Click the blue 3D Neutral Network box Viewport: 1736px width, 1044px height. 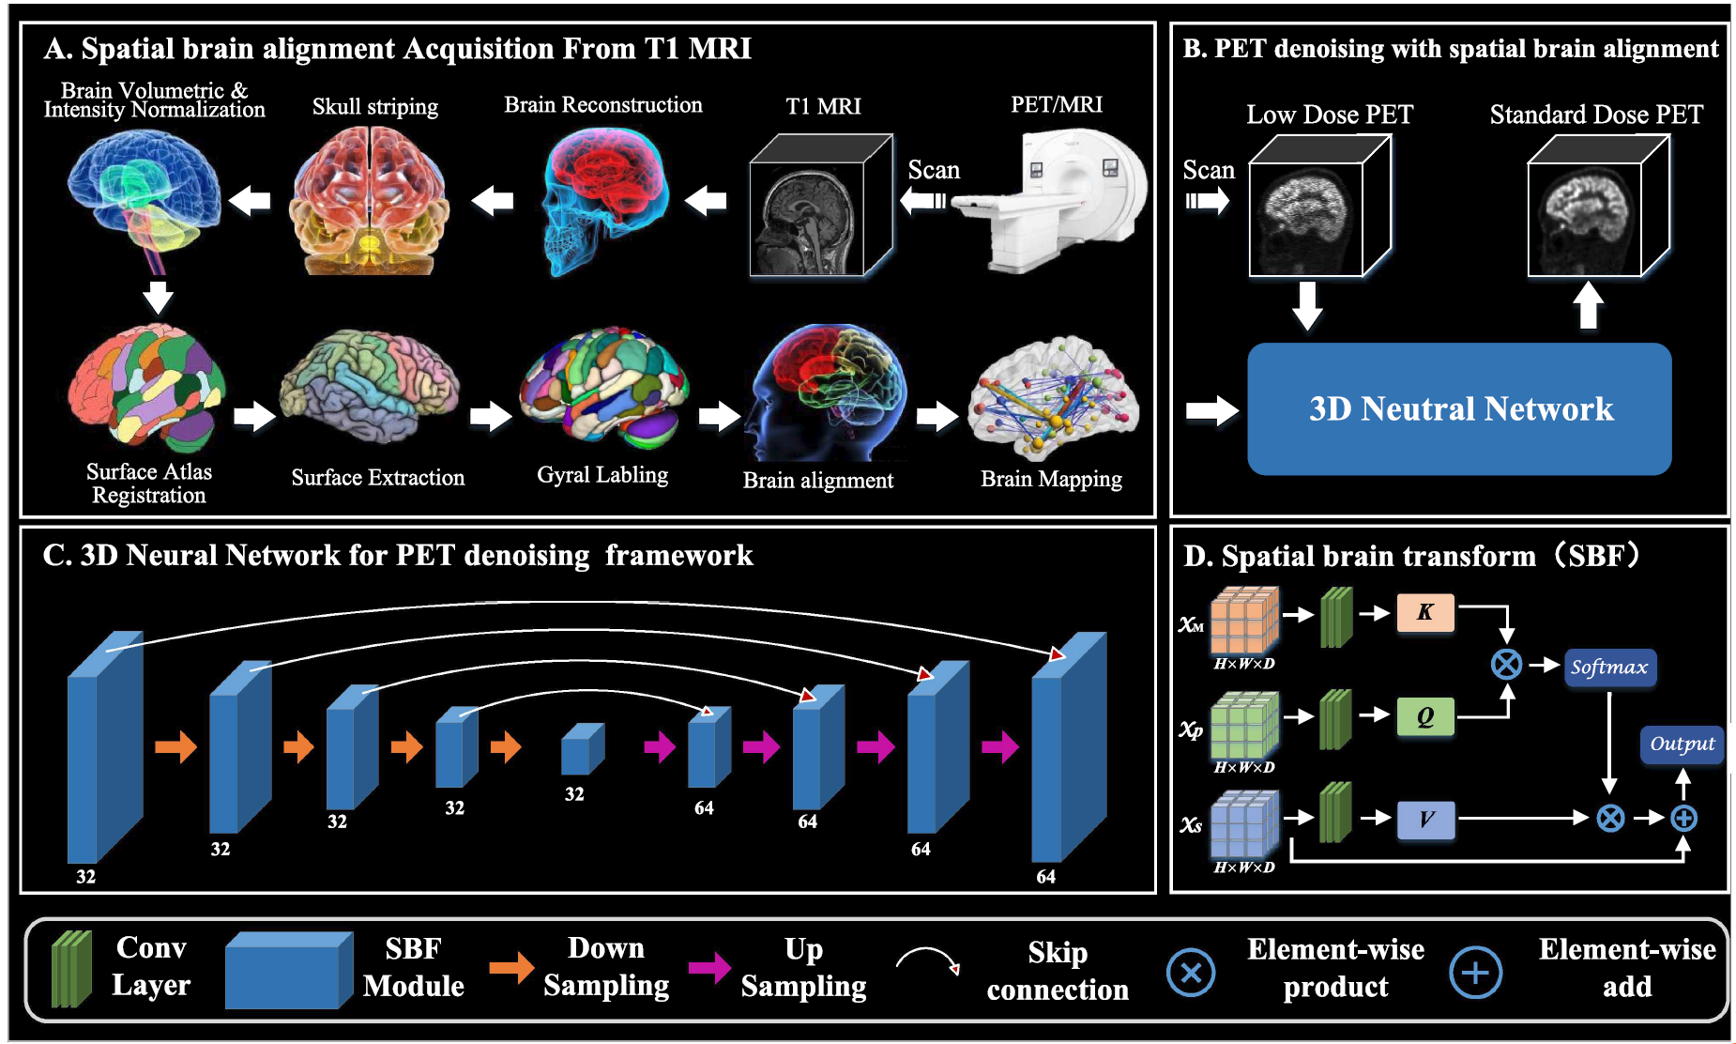click(1459, 408)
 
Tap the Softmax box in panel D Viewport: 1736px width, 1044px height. click(1609, 668)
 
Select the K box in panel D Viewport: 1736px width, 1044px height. click(1425, 612)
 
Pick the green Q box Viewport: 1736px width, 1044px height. click(1425, 716)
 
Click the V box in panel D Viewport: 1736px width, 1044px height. click(1425, 820)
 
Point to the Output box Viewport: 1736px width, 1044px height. click(1682, 745)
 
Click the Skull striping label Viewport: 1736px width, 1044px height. click(375, 107)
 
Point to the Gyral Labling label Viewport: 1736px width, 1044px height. click(602, 475)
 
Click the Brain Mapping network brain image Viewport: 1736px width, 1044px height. click(1055, 399)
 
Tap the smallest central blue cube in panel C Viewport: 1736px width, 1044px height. click(582, 748)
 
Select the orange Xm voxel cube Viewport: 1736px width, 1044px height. click(1243, 621)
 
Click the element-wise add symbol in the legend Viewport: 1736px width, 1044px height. click(1475, 973)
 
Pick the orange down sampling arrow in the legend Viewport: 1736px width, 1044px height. click(510, 968)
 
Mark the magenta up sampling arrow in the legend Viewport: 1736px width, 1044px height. click(709, 968)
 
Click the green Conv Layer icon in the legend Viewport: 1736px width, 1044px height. click(72, 969)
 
